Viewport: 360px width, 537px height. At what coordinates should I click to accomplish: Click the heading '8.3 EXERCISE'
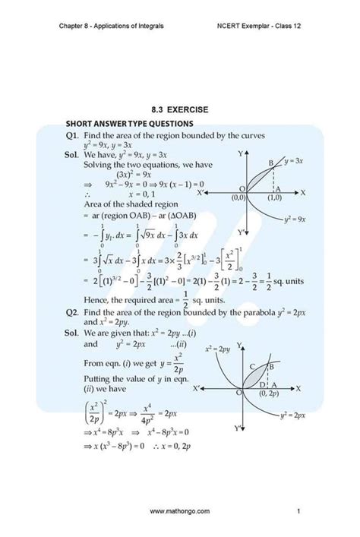tap(179, 109)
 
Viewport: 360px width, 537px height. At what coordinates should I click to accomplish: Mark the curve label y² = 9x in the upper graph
tap(291, 219)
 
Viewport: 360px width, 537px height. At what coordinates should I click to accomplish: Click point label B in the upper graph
tap(270, 164)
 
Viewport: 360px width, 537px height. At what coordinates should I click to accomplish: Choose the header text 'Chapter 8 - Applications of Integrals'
tap(111, 25)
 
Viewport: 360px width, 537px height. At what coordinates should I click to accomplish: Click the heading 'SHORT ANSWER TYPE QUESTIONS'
tap(129, 123)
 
